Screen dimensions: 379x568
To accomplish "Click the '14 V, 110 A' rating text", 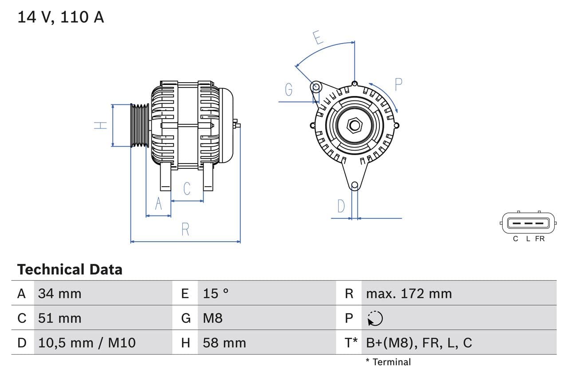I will click(61, 17).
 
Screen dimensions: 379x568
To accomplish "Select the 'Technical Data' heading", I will click(70, 269).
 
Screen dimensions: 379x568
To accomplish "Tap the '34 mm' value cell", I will click(59, 293).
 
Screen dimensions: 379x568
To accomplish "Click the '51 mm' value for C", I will click(59, 318).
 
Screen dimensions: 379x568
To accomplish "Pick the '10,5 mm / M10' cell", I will click(87, 343).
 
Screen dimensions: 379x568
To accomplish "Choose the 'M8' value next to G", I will click(213, 318).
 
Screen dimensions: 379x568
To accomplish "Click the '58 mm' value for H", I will click(224, 343).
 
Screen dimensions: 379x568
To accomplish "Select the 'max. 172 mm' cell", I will click(409, 293).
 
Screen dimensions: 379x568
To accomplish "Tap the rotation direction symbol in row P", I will click(375, 318).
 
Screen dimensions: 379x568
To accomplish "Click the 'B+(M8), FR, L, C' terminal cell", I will click(419, 343).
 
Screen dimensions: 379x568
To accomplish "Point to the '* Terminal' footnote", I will click(388, 362).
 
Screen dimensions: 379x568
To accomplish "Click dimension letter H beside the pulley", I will click(101, 125).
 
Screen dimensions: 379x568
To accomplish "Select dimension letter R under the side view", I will click(185, 229).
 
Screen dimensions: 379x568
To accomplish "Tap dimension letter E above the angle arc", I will click(318, 37).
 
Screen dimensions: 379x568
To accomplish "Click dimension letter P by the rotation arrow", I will click(398, 84).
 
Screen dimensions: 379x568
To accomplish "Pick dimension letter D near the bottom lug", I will click(341, 206).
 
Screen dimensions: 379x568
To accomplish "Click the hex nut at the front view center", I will click(354, 125).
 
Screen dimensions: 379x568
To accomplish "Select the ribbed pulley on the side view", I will click(140, 125).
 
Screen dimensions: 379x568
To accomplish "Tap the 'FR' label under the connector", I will click(540, 239).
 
